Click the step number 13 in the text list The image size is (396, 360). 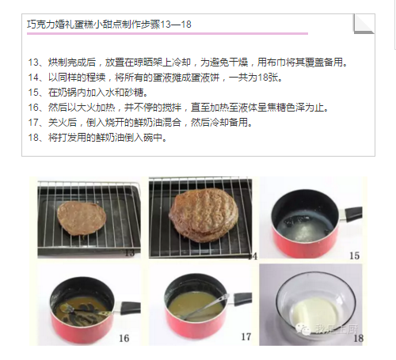pos(33,63)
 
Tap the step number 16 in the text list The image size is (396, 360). pos(33,108)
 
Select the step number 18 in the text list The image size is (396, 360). pos(33,138)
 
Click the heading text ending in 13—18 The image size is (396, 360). pos(109,25)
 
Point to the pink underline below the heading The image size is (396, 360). pos(167,33)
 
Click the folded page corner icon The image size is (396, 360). pos(364,24)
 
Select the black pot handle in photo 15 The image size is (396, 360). pos(353,214)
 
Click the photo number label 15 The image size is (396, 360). pos(354,256)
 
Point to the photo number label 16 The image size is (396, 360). pos(124,338)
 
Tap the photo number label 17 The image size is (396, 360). pos(246,336)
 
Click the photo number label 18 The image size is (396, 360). pos(359,338)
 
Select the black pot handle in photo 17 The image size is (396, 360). pos(242,297)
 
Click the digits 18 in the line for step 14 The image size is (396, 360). pos(263,78)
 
